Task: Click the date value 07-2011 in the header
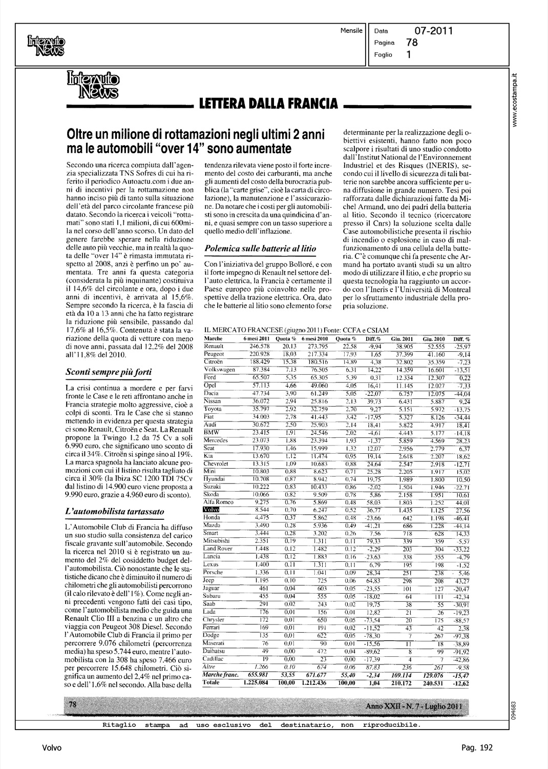[x=433, y=31]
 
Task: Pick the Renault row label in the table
[x=214, y=346]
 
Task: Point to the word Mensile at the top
[x=351, y=31]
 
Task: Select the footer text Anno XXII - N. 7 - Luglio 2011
[x=414, y=706]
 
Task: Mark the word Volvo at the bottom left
[x=52, y=748]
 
